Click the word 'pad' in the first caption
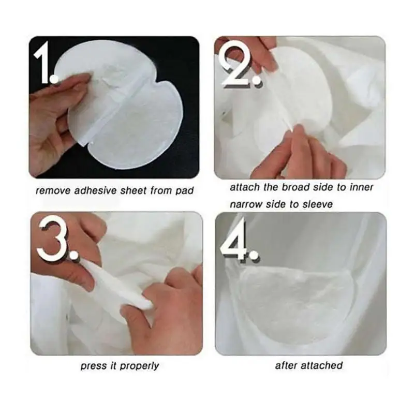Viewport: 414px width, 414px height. pyautogui.click(x=185, y=190)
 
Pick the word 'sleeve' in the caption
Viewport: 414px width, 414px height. pyautogui.click(x=316, y=204)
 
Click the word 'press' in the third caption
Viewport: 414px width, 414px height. pyautogui.click(x=92, y=366)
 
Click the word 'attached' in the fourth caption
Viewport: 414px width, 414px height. pyautogui.click(x=322, y=366)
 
